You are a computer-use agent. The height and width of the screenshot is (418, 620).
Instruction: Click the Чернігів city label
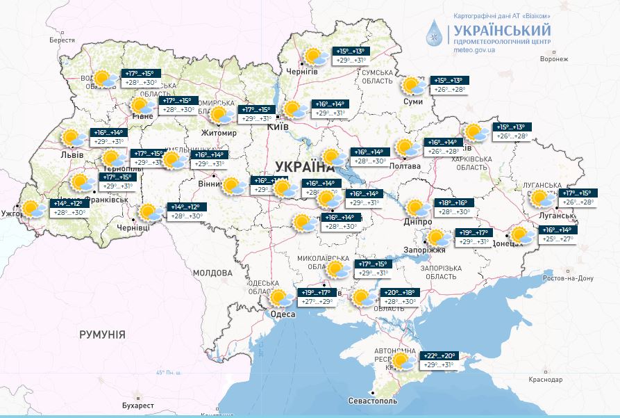coord(303,72)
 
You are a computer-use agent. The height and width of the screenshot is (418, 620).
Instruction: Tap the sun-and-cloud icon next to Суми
coord(414,86)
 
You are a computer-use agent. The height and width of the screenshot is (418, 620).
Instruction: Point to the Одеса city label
coord(283,314)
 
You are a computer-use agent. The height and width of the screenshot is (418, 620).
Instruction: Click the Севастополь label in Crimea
coord(372,402)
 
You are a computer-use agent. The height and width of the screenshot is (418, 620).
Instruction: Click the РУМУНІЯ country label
coord(102,335)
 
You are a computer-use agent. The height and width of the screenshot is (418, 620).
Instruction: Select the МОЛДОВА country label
coord(212,273)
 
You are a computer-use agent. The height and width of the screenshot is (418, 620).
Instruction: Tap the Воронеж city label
coord(553,60)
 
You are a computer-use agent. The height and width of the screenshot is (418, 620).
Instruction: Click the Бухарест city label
coord(134,405)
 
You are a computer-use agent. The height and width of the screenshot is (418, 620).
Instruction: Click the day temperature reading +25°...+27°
coord(558,239)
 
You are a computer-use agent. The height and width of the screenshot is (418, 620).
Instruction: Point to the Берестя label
coord(62,41)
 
